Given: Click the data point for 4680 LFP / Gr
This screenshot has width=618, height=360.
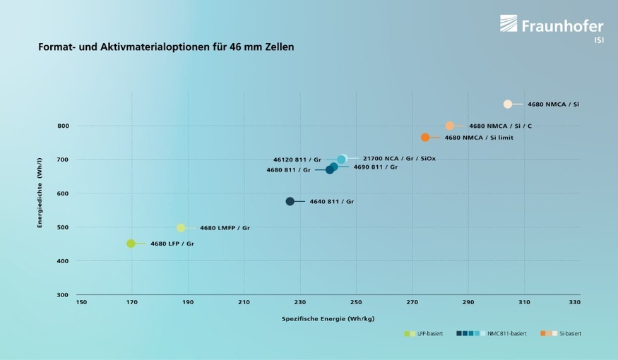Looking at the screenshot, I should (x=131, y=244).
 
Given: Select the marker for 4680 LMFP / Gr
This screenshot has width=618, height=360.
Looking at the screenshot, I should (x=181, y=228).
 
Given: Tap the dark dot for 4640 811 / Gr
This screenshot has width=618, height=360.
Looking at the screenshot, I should (x=290, y=201).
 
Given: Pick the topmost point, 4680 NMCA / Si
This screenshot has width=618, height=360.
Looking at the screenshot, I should (x=507, y=104).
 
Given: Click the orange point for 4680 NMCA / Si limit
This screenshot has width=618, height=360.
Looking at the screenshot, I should (x=425, y=137).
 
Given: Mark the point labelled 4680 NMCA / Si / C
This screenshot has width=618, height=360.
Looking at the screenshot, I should (x=449, y=126).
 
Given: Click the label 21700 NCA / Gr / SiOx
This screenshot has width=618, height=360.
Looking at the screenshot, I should (x=399, y=159).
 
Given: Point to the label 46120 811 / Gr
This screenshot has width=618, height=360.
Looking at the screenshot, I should (x=297, y=160).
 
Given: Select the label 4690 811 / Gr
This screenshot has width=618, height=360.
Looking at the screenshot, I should (x=375, y=167).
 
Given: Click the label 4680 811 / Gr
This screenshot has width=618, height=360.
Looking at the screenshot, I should (x=288, y=170).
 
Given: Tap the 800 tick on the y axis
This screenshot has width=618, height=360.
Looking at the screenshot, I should (x=64, y=126).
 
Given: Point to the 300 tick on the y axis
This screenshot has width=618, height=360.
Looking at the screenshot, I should (x=64, y=294).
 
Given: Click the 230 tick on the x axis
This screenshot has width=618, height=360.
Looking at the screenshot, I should (x=299, y=302).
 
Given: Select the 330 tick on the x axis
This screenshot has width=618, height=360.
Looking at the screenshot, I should (x=575, y=302).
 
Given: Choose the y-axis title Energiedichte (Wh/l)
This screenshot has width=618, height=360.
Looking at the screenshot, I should (x=41, y=193).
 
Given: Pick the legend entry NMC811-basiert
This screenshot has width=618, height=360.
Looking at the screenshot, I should (x=506, y=333).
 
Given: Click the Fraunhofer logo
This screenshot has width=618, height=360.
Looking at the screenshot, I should (x=552, y=27).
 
